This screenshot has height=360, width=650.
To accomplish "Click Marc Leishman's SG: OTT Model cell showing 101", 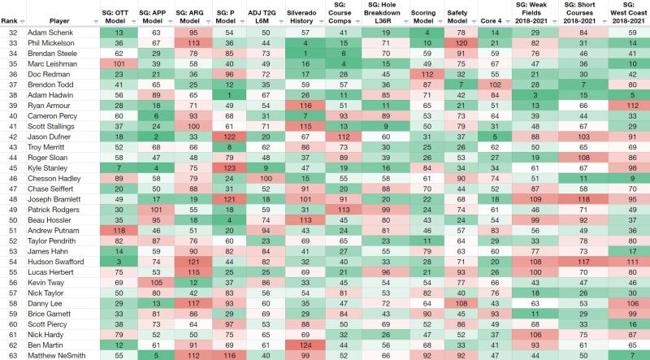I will (119, 62).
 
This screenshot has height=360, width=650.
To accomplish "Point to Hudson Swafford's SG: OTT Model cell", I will (119, 261).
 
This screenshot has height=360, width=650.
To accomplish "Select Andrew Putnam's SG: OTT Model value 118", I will (119, 230).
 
